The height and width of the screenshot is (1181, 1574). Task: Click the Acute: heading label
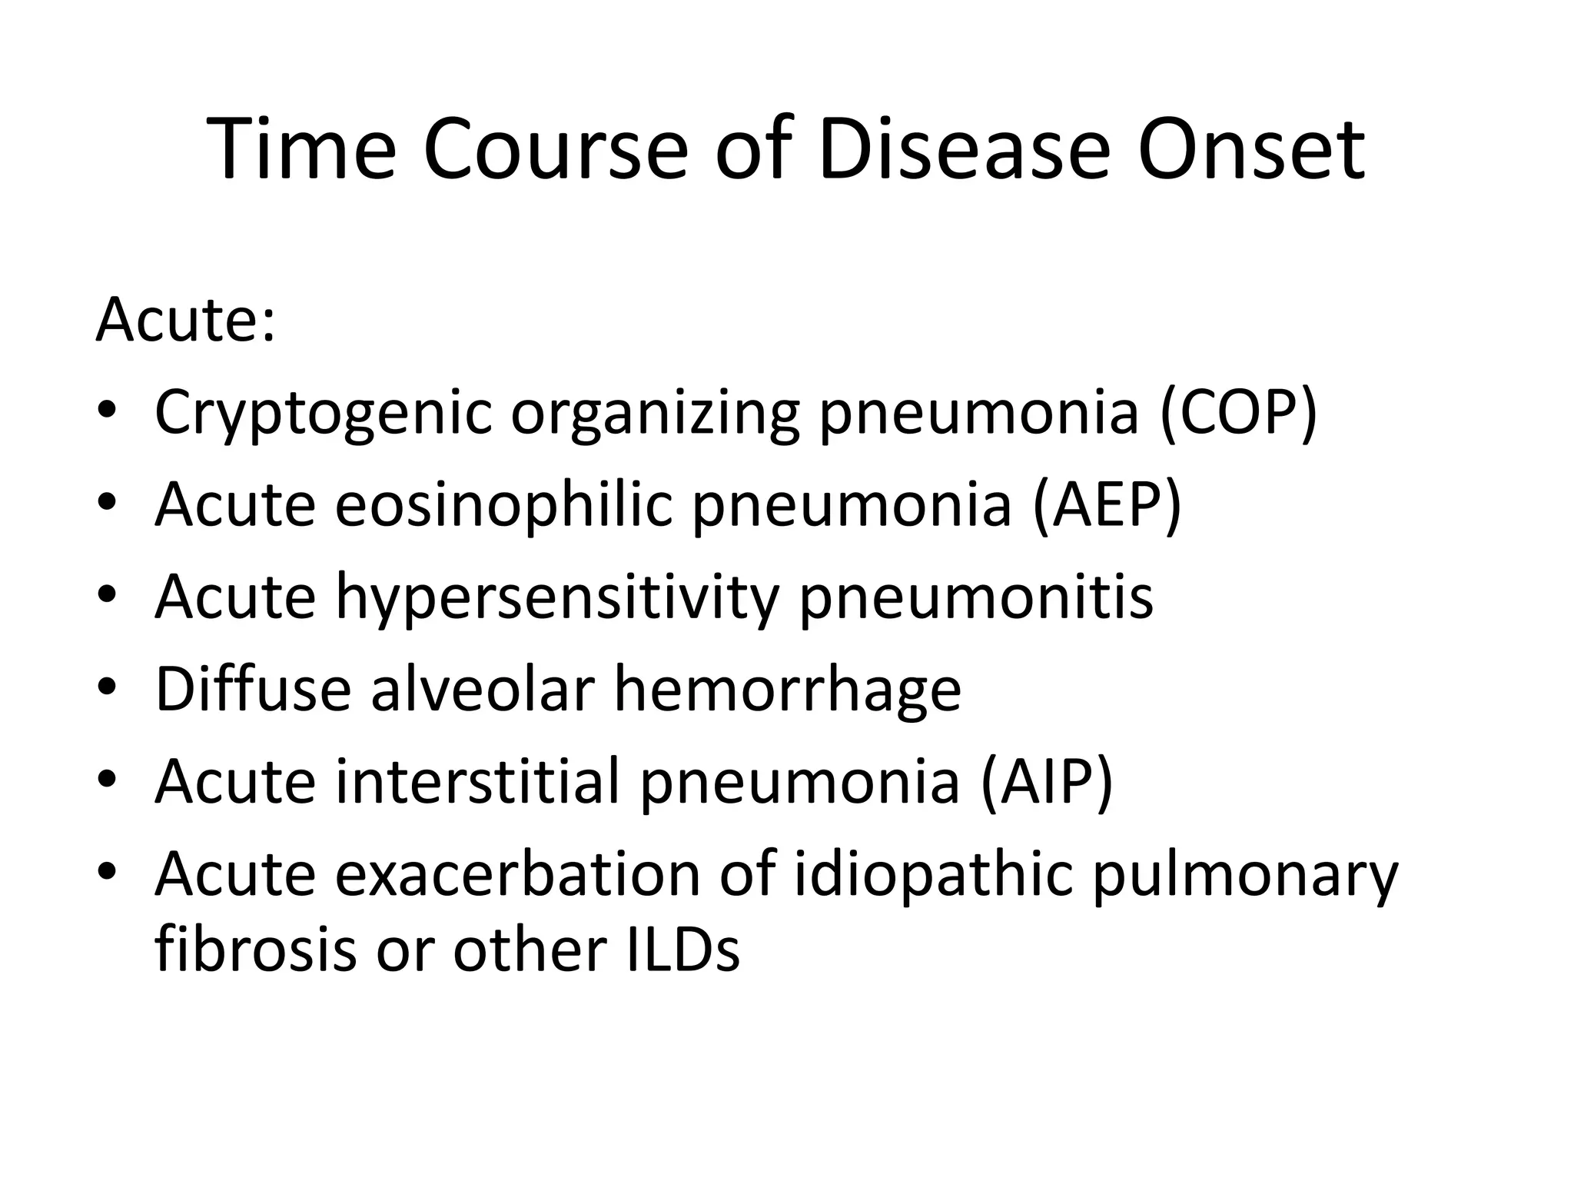[x=185, y=320]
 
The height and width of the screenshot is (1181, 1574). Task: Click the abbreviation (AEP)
[x=1107, y=505]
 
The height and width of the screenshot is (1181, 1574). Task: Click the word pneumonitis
[x=976, y=598]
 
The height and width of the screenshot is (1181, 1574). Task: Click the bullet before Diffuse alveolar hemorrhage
[x=107, y=685]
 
